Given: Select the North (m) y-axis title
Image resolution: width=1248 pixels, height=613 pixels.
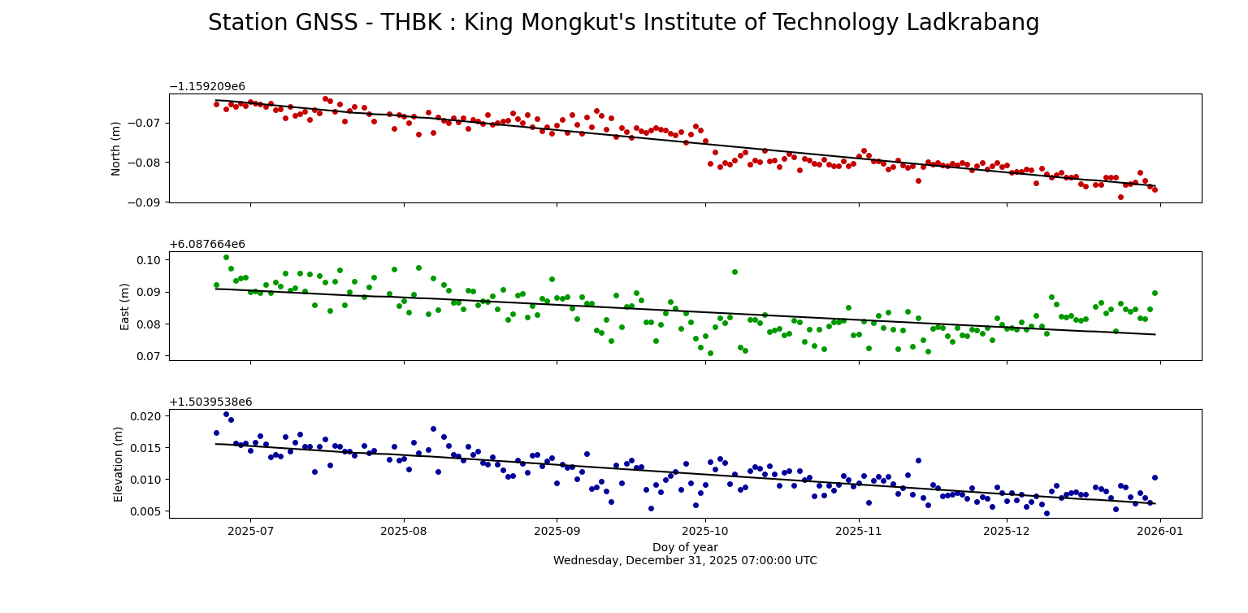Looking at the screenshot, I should click(116, 148).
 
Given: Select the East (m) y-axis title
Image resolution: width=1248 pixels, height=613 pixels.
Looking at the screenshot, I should click(125, 306).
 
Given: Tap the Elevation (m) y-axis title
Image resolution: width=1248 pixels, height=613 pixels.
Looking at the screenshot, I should click(119, 463).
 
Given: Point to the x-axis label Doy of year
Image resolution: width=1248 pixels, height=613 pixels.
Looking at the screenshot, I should click(685, 547).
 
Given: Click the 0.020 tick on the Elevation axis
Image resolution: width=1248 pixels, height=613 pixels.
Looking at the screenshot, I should click(146, 415).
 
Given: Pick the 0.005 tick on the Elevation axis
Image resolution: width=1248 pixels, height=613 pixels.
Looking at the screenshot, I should click(146, 511).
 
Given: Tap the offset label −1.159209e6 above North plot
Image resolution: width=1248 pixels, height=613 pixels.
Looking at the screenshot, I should click(206, 87).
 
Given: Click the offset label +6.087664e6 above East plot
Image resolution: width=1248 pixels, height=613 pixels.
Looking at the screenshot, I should click(206, 245).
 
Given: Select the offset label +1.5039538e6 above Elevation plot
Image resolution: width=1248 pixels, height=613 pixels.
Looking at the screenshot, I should click(210, 402).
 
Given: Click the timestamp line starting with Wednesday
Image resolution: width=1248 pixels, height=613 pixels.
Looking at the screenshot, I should click(685, 561).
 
